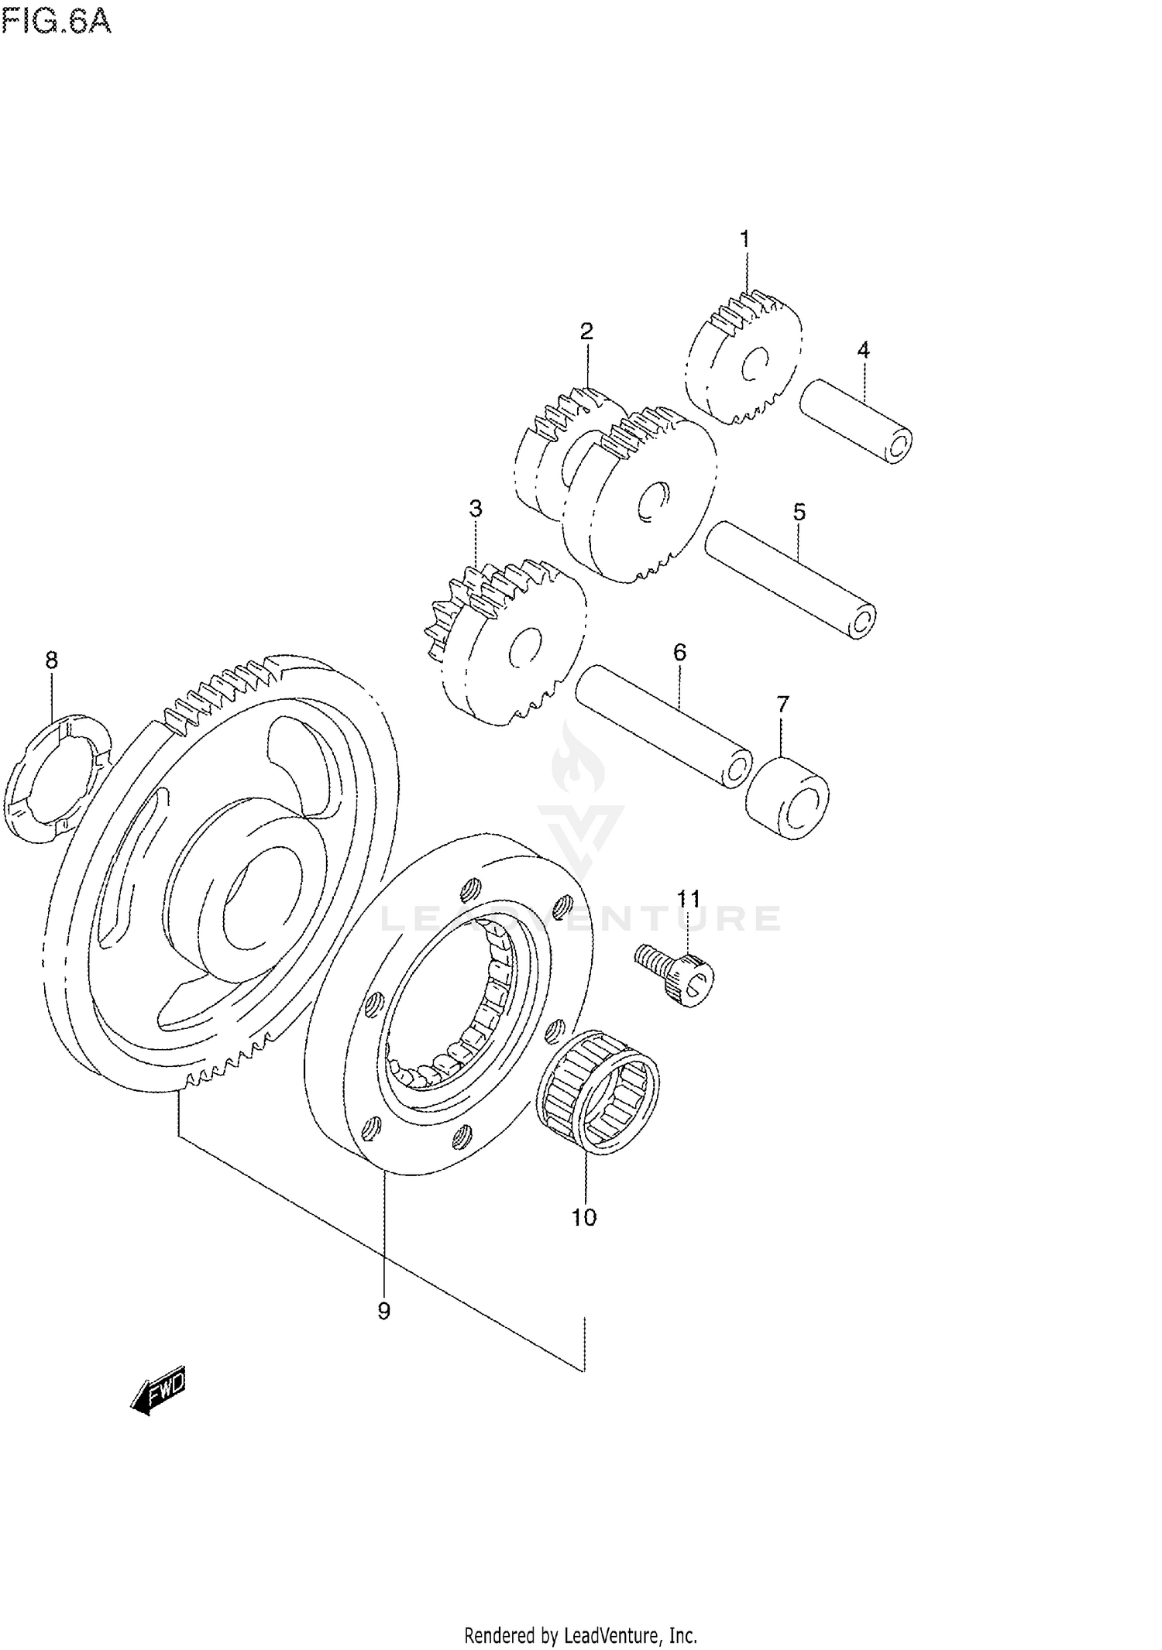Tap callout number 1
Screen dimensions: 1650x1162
pos(744,239)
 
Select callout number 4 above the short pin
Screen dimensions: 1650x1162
pos(863,350)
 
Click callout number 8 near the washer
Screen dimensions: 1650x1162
pos(51,660)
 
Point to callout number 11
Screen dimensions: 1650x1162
pos(688,899)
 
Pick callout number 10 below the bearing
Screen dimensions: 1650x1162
pos(584,1218)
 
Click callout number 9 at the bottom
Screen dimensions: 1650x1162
pos(383,1311)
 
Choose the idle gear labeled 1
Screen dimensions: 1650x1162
pos(744,360)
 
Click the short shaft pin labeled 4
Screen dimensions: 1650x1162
pos(856,422)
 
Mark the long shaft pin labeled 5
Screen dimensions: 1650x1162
pos(790,579)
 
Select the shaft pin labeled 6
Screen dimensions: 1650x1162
pos(663,726)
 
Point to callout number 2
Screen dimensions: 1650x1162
pos(586,331)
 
